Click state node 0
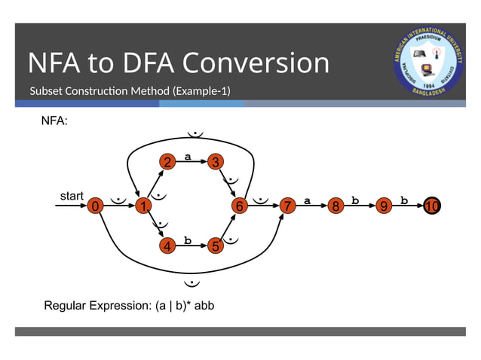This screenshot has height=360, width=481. pyautogui.click(x=95, y=206)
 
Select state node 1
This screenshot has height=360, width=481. pyautogui.click(x=140, y=206)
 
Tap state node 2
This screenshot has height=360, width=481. pyautogui.click(x=167, y=162)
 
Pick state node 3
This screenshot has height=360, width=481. pyautogui.click(x=216, y=162)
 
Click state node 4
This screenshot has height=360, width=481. pyautogui.click(x=167, y=246)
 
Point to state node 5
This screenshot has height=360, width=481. pyautogui.click(x=216, y=246)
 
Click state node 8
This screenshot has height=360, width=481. pyautogui.click(x=335, y=206)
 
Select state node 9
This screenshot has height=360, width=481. pyautogui.click(x=384, y=206)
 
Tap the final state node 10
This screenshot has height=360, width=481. pyautogui.click(x=431, y=206)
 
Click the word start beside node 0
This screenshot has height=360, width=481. pyautogui.click(x=72, y=196)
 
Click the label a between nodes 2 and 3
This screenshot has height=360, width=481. pyautogui.click(x=188, y=157)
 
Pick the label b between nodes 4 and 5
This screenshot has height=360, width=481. pyautogui.click(x=188, y=240)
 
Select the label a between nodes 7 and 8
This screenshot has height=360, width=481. pyautogui.click(x=308, y=200)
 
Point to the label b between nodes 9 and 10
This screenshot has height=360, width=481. pyautogui.click(x=404, y=200)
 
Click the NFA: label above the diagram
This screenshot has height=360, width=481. pyautogui.click(x=54, y=121)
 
